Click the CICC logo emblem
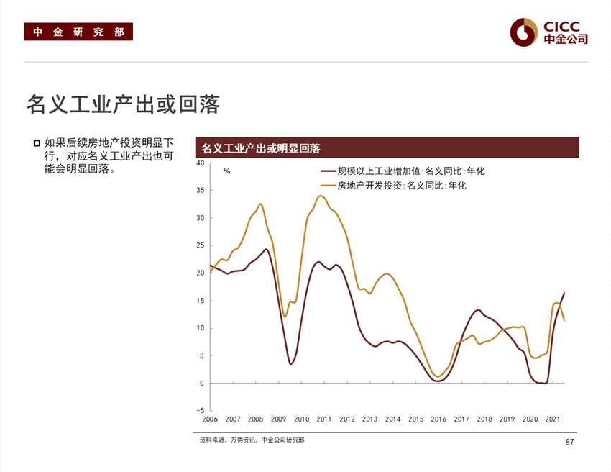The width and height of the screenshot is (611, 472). (524, 32)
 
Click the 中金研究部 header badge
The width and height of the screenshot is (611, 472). (78, 32)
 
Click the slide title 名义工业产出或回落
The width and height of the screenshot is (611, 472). (123, 104)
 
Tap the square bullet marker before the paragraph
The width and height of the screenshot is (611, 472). (37, 142)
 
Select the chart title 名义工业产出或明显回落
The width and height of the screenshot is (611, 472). (260, 148)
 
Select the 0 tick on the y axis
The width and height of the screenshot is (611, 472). (202, 383)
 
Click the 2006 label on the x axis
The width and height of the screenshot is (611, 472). (210, 419)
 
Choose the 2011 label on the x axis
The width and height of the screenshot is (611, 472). (324, 419)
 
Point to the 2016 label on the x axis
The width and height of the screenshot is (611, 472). (438, 419)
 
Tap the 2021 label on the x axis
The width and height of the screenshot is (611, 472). (553, 419)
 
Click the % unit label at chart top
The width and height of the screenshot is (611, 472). (227, 171)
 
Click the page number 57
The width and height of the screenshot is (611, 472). (570, 442)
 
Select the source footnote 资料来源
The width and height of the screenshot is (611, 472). (252, 440)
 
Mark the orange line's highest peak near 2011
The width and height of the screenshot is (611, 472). (321, 196)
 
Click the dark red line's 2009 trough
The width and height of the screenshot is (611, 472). (290, 363)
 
